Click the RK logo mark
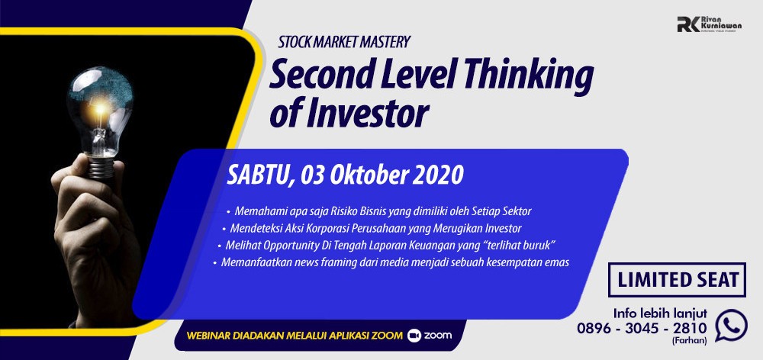click(x=688, y=24)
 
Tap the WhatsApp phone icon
click(x=731, y=325)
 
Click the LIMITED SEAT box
click(x=677, y=280)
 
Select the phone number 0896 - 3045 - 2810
click(x=642, y=329)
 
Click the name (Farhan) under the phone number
click(x=690, y=340)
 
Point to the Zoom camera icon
click(x=414, y=335)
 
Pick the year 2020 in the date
click(x=437, y=175)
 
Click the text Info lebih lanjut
click(x=660, y=313)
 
